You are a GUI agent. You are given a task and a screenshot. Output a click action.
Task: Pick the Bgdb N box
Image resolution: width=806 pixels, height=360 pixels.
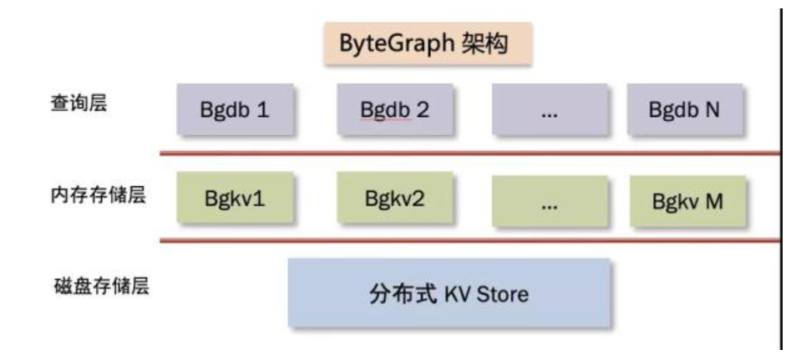tap(684, 109)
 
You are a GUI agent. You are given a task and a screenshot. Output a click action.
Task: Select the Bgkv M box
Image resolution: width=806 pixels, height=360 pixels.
tap(687, 200)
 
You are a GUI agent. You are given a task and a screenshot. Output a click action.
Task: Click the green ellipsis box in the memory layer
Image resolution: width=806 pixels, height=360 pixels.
tap(549, 201)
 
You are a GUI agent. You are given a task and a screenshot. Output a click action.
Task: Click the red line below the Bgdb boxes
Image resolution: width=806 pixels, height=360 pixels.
tap(468, 153)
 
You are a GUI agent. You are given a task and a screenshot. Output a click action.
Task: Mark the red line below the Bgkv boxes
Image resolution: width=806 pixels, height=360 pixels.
tap(468, 241)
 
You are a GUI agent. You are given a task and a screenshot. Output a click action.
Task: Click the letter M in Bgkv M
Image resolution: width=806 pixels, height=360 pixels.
tap(714, 200)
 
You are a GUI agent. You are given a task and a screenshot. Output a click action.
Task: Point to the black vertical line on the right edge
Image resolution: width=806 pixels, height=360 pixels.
tap(782, 184)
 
